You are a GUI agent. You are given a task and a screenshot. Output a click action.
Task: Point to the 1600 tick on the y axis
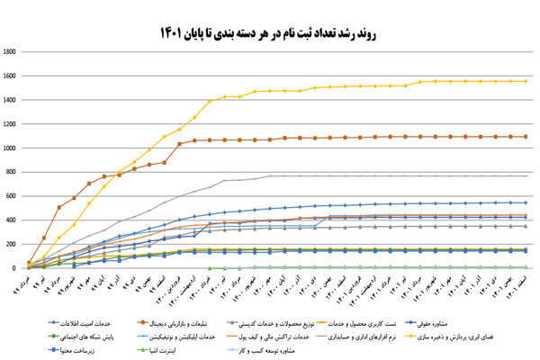(x=11, y=76)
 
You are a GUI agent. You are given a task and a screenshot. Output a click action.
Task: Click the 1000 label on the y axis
(x=11, y=148)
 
